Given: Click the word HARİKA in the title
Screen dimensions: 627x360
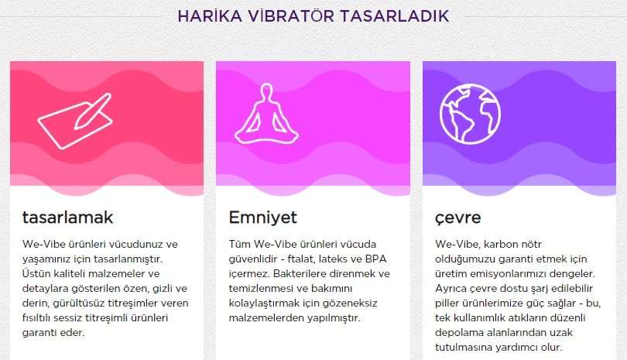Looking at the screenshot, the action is pyautogui.click(x=210, y=16).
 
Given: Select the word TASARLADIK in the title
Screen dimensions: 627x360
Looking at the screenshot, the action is pyautogui.click(x=394, y=16).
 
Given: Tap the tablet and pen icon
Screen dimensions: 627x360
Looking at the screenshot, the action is pyautogui.click(x=75, y=121).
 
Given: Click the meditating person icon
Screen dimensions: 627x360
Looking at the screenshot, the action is pyautogui.click(x=266, y=114).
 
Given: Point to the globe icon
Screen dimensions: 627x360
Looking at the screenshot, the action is pyautogui.click(x=470, y=114).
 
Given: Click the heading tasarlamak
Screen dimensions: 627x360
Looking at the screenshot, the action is pyautogui.click(x=67, y=218).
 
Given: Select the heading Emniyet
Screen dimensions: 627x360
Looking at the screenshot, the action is pyautogui.click(x=262, y=218).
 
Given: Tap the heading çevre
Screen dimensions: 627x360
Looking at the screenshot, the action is pyautogui.click(x=457, y=218).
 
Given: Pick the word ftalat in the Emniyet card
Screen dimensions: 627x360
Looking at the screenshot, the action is pyautogui.click(x=300, y=259).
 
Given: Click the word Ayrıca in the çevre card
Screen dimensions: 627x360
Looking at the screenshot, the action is pyautogui.click(x=451, y=289).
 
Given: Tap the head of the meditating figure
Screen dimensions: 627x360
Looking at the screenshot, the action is pyautogui.click(x=266, y=90).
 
